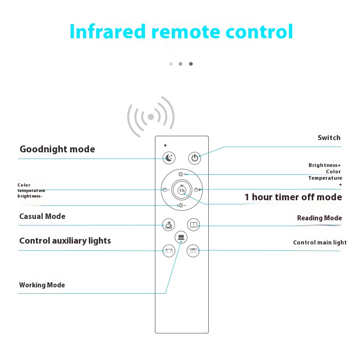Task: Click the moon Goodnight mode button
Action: point(169,158)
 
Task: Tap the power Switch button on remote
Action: point(195,158)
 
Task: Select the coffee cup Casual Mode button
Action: point(169,224)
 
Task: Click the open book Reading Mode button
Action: point(194,224)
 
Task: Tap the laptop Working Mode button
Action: point(181,237)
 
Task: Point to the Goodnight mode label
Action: point(57,149)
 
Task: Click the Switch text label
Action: point(329,138)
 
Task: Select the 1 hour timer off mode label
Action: point(293,197)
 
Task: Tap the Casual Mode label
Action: point(42,216)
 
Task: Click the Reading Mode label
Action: point(319,218)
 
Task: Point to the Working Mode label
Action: point(42,285)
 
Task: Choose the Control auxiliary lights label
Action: point(65,241)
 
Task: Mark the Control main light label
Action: point(319,243)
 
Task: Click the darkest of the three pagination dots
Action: point(191,64)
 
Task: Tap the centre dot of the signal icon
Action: point(151,117)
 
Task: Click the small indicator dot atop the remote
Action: point(165,145)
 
